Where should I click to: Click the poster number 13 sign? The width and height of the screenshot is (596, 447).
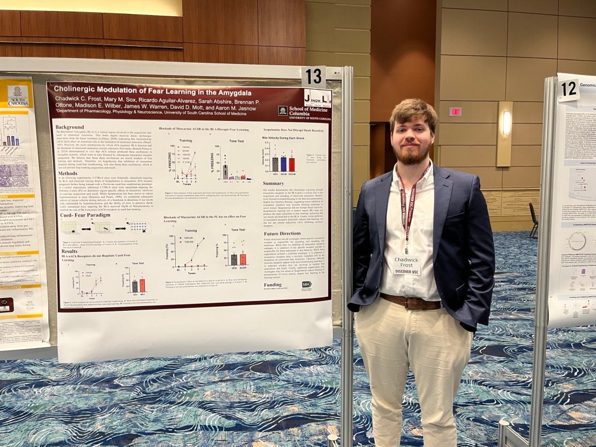[x=313, y=76]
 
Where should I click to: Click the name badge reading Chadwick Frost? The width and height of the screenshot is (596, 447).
[x=407, y=264]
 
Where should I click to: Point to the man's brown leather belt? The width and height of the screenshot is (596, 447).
[x=411, y=302]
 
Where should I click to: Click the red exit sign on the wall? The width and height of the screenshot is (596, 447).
[x=455, y=111]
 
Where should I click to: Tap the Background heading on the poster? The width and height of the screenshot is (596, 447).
[x=70, y=127]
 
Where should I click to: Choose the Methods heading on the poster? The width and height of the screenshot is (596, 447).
[x=68, y=173]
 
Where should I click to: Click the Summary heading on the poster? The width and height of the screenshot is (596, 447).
[x=274, y=183]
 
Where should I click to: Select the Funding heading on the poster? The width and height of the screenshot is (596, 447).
[x=272, y=285]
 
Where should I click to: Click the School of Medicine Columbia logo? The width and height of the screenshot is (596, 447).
[x=303, y=110]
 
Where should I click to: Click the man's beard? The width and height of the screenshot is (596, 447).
[x=413, y=155]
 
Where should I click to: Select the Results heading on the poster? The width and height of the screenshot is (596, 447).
[x=70, y=250]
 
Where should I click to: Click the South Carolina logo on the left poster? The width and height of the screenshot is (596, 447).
[x=18, y=95]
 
